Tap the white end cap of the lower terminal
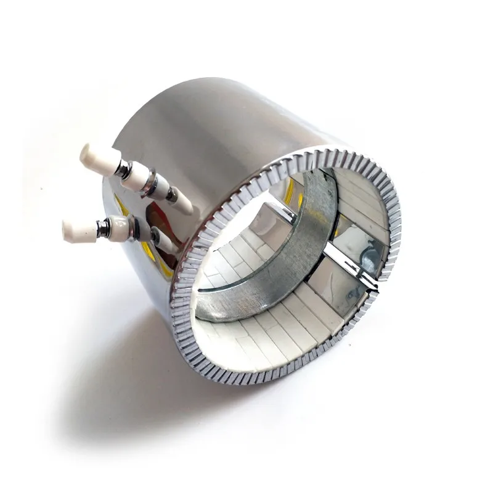coord(75,229)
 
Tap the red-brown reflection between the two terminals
coord(154,216)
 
